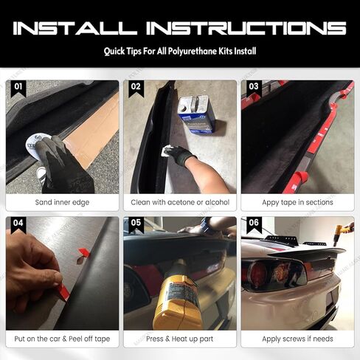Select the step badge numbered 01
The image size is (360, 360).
tap(18, 86)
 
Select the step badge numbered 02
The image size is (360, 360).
tap(135, 86)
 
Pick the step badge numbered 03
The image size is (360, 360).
tap(253, 86)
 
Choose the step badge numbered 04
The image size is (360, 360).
tap(18, 222)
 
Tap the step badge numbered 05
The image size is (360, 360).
tap(135, 222)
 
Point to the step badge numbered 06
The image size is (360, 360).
tap(253, 222)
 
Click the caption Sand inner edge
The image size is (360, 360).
tap(62, 202)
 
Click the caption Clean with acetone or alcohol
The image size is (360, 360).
tap(179, 202)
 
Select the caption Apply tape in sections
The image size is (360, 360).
tap(297, 202)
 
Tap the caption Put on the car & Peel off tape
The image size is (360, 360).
tap(62, 339)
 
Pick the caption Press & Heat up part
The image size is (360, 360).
tap(179, 339)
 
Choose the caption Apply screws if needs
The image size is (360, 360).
tap(297, 339)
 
